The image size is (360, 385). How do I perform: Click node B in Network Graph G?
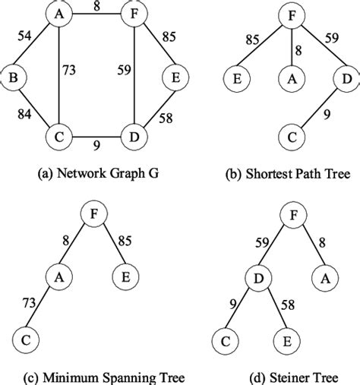click(14, 77)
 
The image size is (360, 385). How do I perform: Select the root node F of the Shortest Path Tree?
click(289, 13)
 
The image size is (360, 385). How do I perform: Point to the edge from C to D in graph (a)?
click(91, 138)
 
